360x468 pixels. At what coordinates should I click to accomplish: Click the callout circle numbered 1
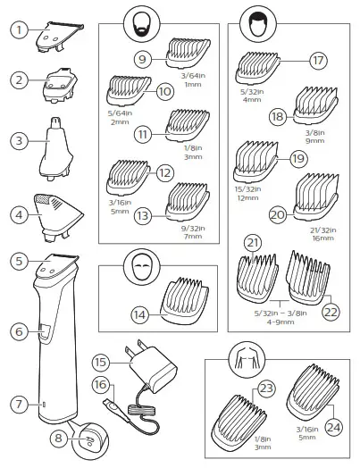[x=16, y=29]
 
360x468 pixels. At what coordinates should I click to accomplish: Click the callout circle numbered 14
[x=138, y=314]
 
